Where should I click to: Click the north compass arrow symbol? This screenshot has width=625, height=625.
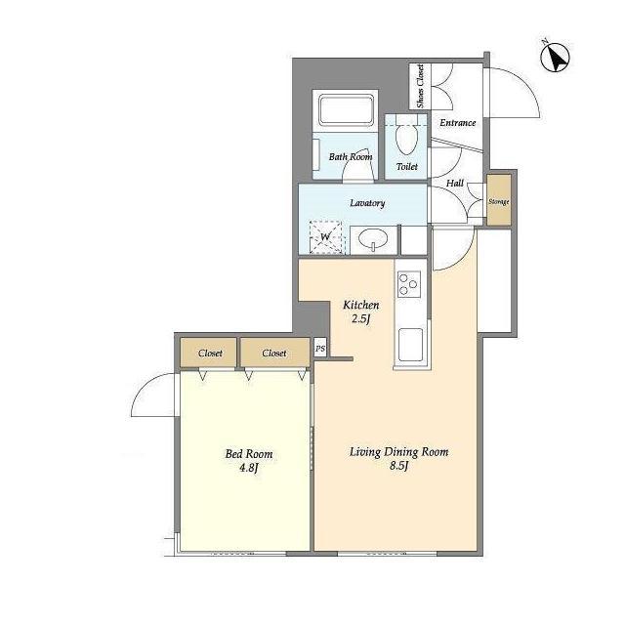[556, 57]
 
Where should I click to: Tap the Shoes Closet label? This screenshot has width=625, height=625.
[420, 86]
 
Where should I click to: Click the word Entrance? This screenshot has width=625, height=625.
[458, 123]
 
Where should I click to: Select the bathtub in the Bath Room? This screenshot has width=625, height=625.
[346, 109]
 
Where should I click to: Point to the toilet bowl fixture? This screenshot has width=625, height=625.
[406, 135]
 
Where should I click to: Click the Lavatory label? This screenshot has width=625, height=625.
[367, 203]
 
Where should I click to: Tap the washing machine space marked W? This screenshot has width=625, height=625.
[326, 237]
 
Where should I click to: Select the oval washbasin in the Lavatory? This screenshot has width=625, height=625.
[373, 240]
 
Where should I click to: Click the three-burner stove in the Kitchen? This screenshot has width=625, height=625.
[408, 284]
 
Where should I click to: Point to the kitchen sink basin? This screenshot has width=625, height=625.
[410, 345]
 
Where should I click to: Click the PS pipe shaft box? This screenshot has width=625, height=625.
[320, 349]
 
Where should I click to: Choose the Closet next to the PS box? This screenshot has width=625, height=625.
[274, 353]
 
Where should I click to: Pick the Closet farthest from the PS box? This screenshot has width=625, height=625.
[210, 353]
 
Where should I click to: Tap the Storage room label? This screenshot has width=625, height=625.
[499, 202]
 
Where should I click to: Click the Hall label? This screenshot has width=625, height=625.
[455, 183]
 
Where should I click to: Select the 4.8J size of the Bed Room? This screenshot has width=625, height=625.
[249, 467]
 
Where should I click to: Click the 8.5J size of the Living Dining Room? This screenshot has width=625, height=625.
[398, 466]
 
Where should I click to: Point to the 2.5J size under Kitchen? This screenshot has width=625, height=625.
[361, 319]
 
